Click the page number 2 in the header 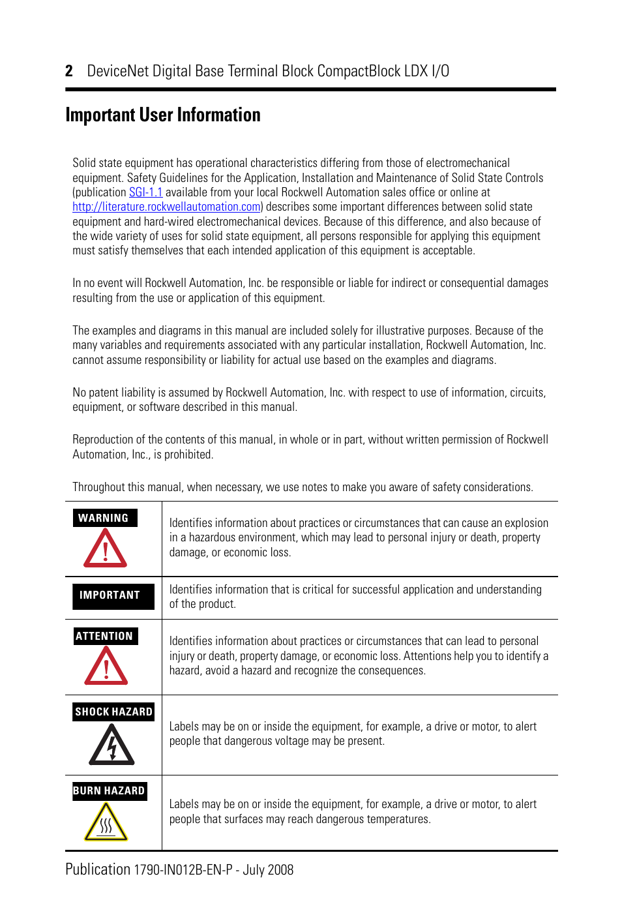pos(69,71)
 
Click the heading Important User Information pos(163,115)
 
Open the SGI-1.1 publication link pos(145,192)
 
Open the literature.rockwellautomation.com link pos(166,207)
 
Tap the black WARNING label pos(104,518)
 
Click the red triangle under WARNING pos(105,549)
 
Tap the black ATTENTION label pos(105,636)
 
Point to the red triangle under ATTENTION pos(106,667)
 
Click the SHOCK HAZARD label pos(113,712)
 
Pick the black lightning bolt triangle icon pos(111,745)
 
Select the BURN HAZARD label pos(109,790)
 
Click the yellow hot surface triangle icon pos(106,822)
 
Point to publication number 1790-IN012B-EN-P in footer pos(183,870)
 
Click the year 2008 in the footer pos(280,870)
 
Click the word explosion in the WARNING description pos(526,523)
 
